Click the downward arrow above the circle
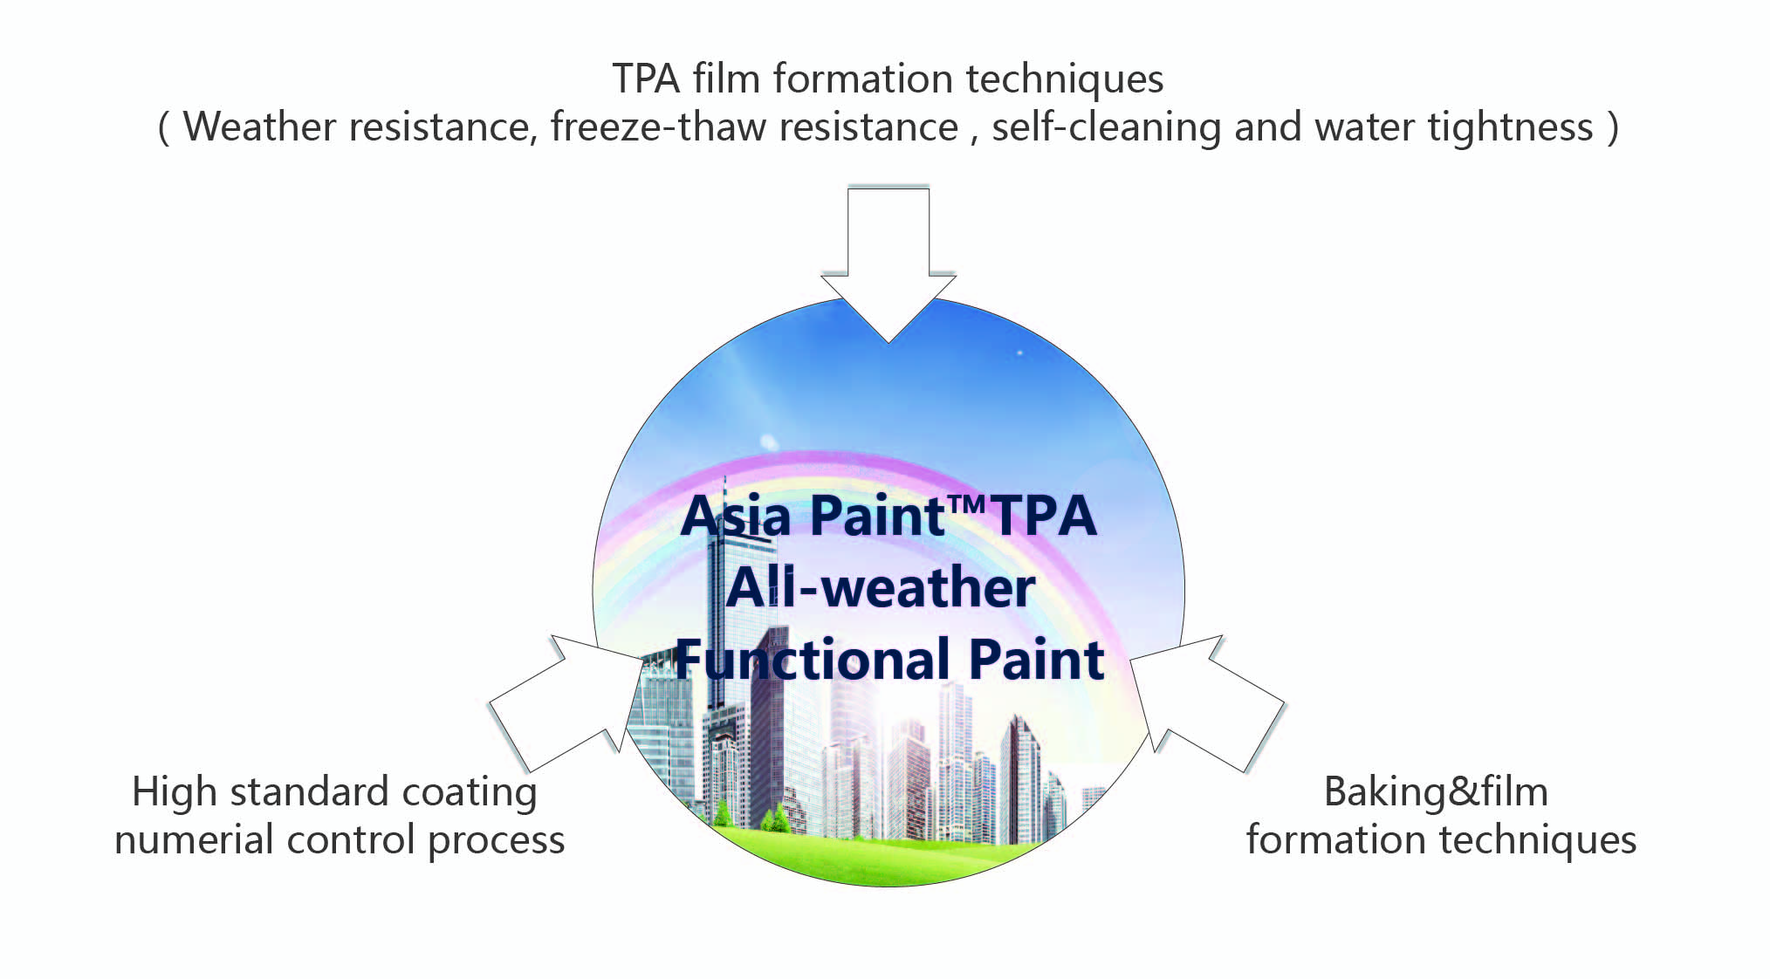coord(888,262)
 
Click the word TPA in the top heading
coord(646,79)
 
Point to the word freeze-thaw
coord(658,127)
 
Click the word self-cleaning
coord(1106,127)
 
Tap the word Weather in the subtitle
coord(259,127)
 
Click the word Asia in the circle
coord(735,516)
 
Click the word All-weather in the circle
coord(881,587)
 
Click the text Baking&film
coord(1436,792)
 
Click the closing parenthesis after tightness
coord(1613,127)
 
